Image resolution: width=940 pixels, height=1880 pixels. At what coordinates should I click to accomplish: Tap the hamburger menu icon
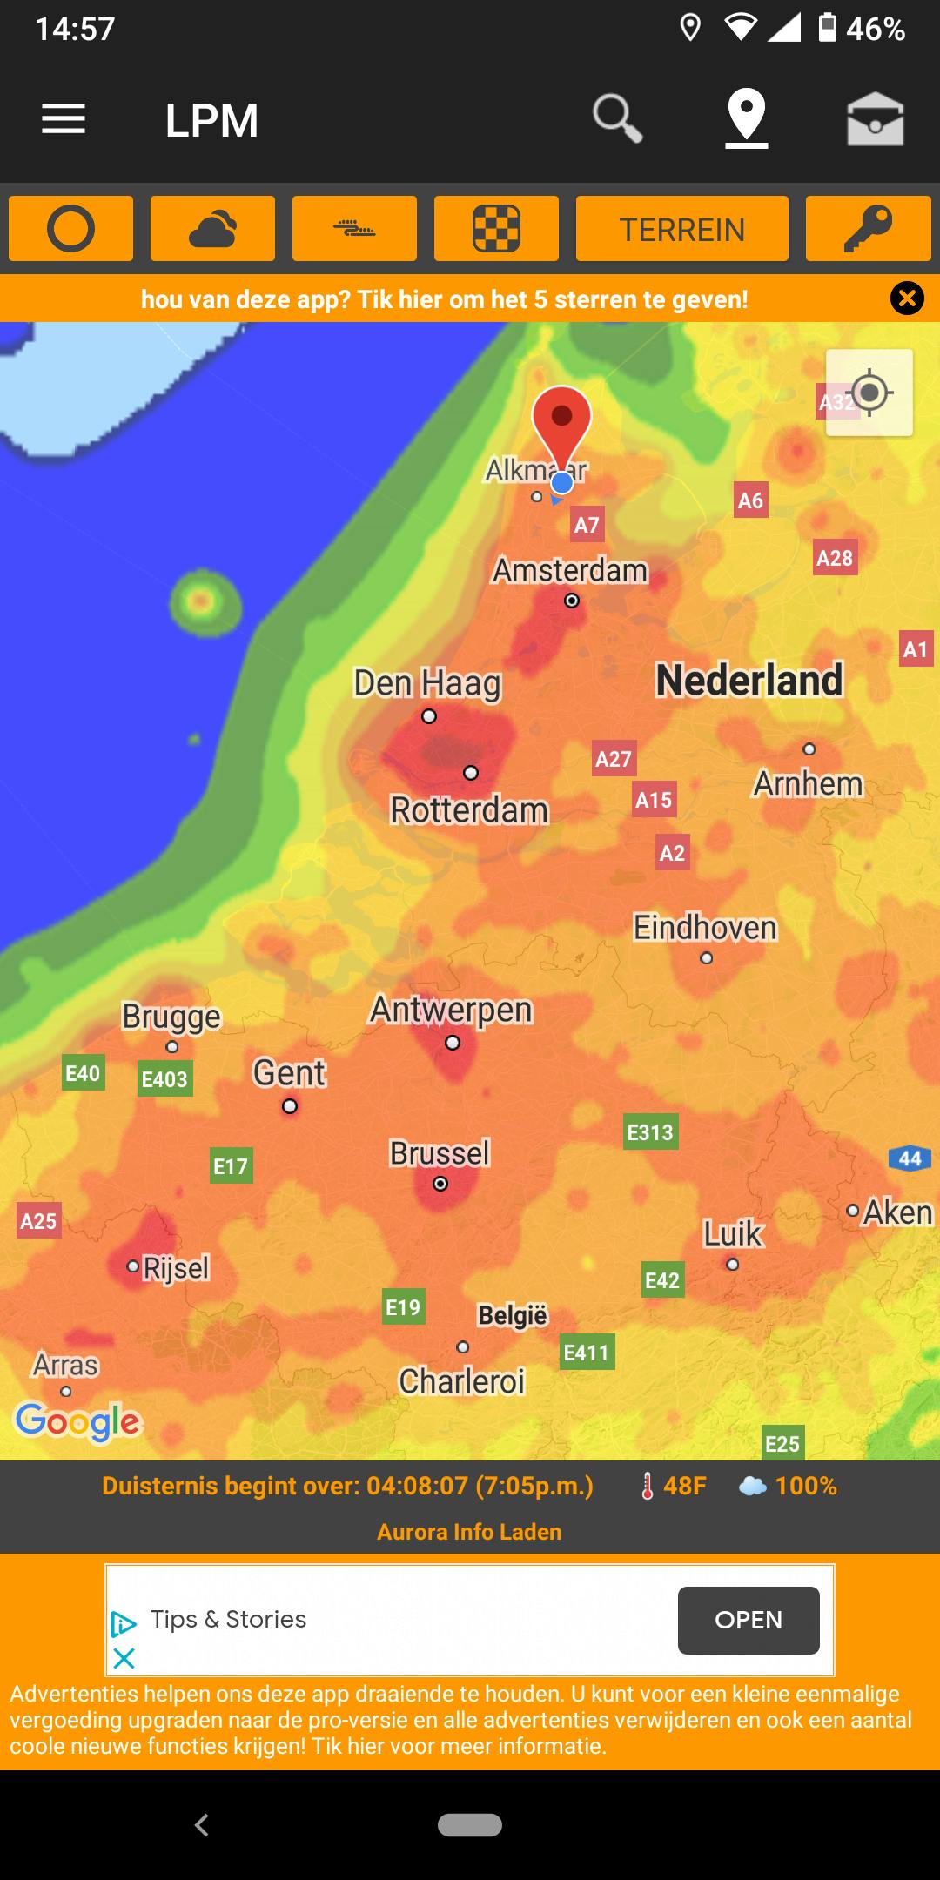[x=64, y=119]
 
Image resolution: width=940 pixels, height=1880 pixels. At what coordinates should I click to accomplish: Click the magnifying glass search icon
[x=617, y=118]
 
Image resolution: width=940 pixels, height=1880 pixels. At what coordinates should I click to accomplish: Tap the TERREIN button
[x=681, y=230]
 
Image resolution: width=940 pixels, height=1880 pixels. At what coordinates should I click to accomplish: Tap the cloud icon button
[x=212, y=230]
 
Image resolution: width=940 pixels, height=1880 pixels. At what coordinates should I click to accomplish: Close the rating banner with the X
[x=907, y=299]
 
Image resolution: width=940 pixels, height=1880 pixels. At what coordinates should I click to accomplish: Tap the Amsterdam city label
[x=570, y=571]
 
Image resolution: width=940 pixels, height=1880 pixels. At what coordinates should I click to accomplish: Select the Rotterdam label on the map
[x=469, y=810]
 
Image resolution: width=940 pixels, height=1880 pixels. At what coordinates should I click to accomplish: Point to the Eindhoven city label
[x=704, y=928]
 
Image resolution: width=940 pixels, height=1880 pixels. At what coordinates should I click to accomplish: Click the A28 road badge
[x=834, y=558]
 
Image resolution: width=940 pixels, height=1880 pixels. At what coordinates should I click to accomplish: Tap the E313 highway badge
[x=650, y=1132]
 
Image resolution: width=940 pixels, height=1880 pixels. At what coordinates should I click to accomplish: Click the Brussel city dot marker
[x=440, y=1184]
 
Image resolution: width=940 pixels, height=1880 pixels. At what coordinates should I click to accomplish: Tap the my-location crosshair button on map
[x=869, y=393]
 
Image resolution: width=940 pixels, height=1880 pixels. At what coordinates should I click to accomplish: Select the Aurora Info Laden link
[x=469, y=1532]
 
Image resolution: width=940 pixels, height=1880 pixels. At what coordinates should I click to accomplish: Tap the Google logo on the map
[x=77, y=1420]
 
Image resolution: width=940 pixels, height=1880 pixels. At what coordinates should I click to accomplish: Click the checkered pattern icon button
[x=496, y=230]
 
